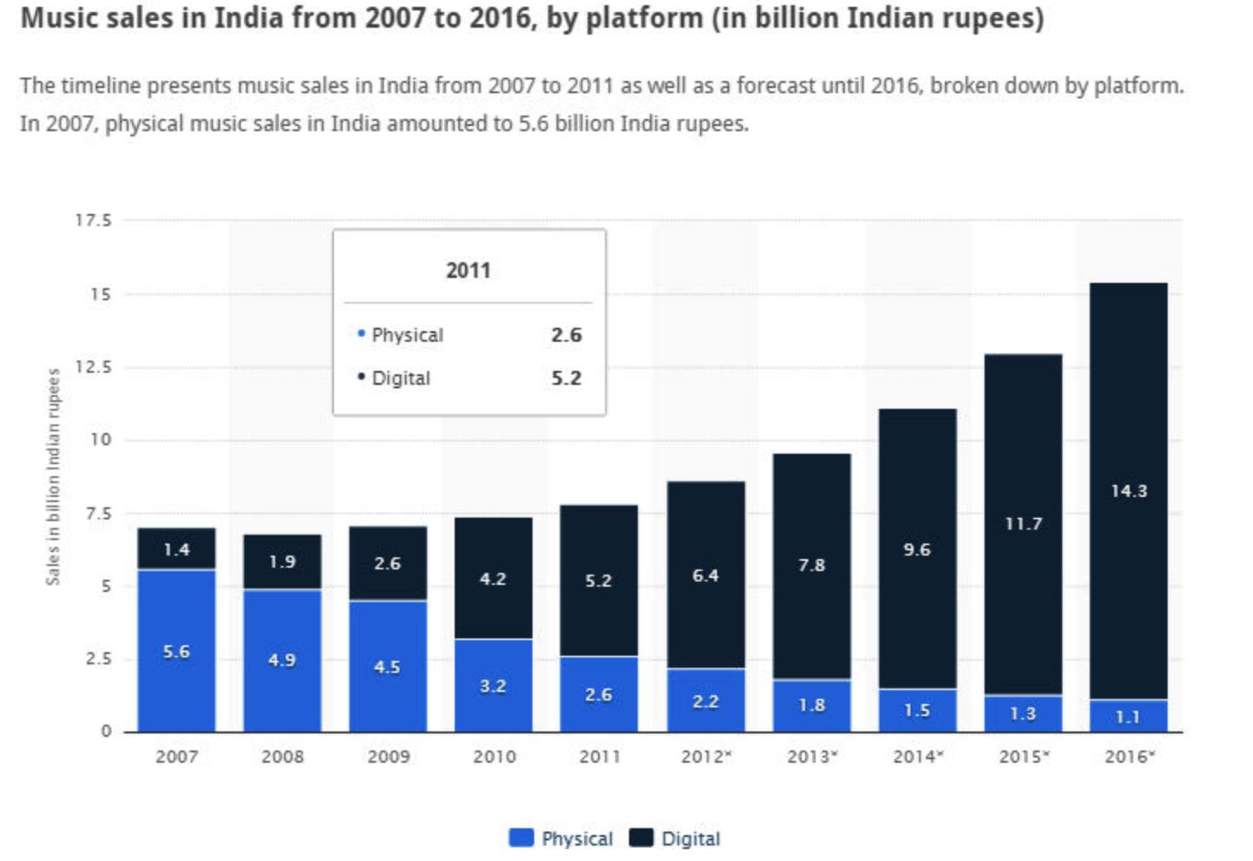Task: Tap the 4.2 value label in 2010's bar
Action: [x=493, y=579]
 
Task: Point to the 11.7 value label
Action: [x=1023, y=524]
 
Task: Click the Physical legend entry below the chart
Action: [x=562, y=838]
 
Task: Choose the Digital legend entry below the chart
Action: [x=675, y=838]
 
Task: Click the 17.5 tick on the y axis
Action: [x=93, y=221]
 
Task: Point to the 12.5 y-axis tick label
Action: [x=93, y=367]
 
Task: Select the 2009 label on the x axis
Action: [x=387, y=757]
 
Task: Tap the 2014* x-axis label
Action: [x=917, y=757]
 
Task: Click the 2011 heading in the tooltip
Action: [x=468, y=270]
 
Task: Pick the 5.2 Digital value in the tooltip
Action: [x=566, y=378]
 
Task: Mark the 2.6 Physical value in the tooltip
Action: [x=566, y=335]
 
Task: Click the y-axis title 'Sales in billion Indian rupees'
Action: [x=54, y=476]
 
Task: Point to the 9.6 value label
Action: [x=916, y=550]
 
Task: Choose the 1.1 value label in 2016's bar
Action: [x=1128, y=716]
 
